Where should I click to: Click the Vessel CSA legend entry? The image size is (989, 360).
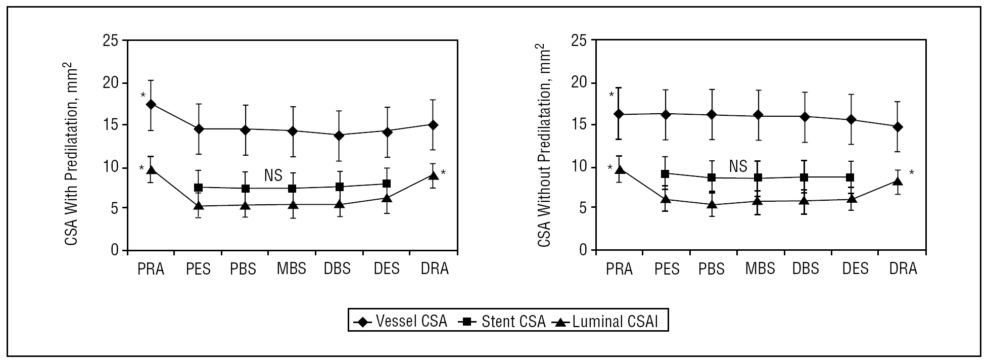click(x=399, y=322)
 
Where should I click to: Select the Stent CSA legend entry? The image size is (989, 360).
click(x=502, y=322)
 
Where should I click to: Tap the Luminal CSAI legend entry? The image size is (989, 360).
click(x=606, y=322)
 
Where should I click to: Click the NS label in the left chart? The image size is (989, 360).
click(x=273, y=175)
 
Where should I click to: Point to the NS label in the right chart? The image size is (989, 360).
click(x=738, y=166)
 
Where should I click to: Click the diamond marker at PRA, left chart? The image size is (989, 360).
click(x=151, y=105)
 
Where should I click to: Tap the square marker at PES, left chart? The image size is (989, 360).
click(x=198, y=188)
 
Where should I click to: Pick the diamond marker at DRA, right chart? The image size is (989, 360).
click(x=898, y=127)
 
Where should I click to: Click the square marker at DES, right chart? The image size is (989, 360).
click(x=850, y=177)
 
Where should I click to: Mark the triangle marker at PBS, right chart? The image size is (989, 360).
click(x=712, y=205)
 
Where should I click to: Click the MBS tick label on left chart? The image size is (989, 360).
click(x=292, y=268)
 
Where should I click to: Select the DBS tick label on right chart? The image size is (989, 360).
click(x=806, y=268)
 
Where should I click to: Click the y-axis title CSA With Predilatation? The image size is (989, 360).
click(x=71, y=154)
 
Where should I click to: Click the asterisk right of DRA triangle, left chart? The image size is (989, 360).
click(x=443, y=173)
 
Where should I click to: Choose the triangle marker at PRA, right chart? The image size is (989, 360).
click(x=619, y=169)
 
